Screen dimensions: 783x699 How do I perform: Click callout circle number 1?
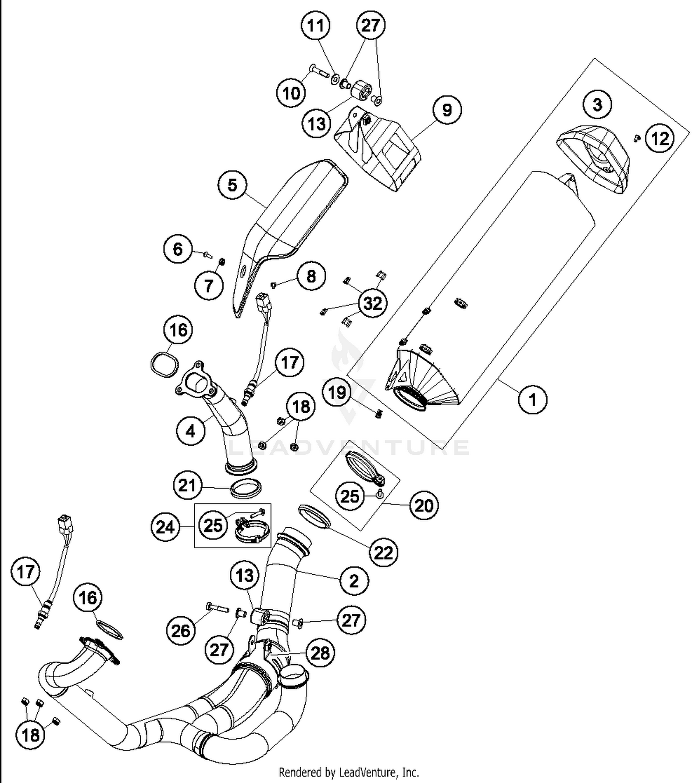coord(533,399)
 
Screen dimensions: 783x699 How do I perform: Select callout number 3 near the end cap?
coord(597,104)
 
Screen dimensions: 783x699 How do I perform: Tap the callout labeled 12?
coord(660,138)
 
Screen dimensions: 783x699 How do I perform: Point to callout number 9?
coord(446,110)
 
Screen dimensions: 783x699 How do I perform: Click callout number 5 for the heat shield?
coord(232,185)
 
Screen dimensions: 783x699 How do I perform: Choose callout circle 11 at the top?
coord(315,25)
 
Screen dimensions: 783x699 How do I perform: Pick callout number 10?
coord(291,93)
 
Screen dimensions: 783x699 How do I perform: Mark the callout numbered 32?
coord(373,304)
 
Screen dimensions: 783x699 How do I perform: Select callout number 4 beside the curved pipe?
coord(191,431)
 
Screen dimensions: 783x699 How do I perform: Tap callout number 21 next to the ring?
coord(187,485)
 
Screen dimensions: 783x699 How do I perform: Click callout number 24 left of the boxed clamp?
coord(165,527)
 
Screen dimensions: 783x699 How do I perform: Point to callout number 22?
coord(384,552)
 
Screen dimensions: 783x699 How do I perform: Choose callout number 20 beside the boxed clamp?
coord(424,505)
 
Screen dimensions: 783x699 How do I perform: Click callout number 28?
coord(320,653)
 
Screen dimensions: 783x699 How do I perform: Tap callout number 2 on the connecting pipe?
coord(354,580)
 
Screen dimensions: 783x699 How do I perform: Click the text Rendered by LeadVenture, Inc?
coord(349,772)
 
